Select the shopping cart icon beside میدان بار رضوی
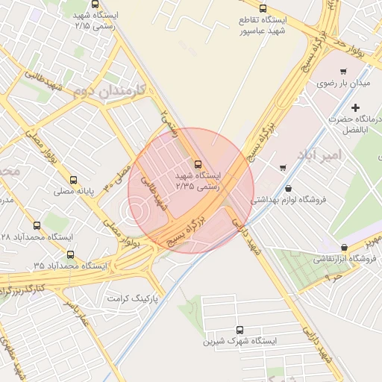click(x=342, y=72)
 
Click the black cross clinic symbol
click(x=355, y=109)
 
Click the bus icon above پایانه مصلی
click(x=73, y=180)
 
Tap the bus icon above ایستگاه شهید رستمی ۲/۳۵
click(x=198, y=163)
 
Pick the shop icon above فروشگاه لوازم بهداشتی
click(x=288, y=188)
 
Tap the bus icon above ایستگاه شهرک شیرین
click(x=239, y=330)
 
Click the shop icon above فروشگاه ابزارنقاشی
click(x=344, y=247)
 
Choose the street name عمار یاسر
click(x=76, y=313)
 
